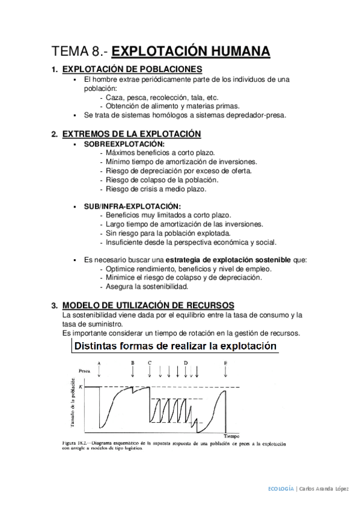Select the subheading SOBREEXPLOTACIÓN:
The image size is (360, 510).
click(x=124, y=145)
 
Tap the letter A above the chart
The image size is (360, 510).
click(x=99, y=364)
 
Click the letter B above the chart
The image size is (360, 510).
click(x=132, y=363)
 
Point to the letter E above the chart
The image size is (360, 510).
click(x=225, y=363)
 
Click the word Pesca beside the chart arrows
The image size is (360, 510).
click(x=79, y=372)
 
